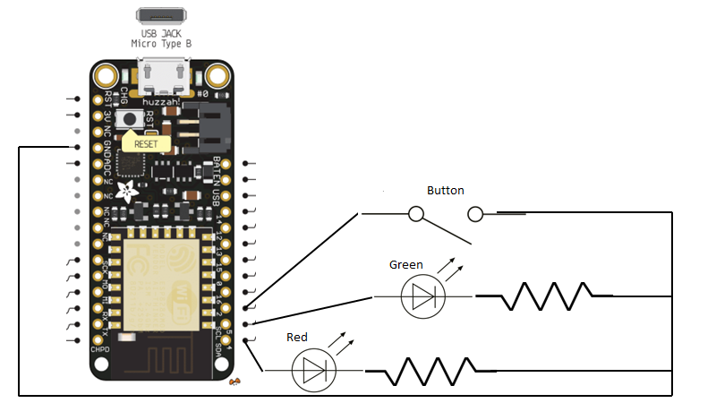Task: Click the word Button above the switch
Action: pos(446,191)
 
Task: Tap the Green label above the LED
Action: pos(406,265)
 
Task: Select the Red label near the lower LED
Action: pos(297,338)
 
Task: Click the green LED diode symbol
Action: pos(421,296)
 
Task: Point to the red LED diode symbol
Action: pos(314,370)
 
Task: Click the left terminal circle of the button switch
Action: pos(416,214)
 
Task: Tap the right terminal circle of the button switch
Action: pos(475,214)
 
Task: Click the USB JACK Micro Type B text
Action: pos(163,39)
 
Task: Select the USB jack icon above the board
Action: pos(162,15)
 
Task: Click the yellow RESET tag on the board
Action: pos(143,142)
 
